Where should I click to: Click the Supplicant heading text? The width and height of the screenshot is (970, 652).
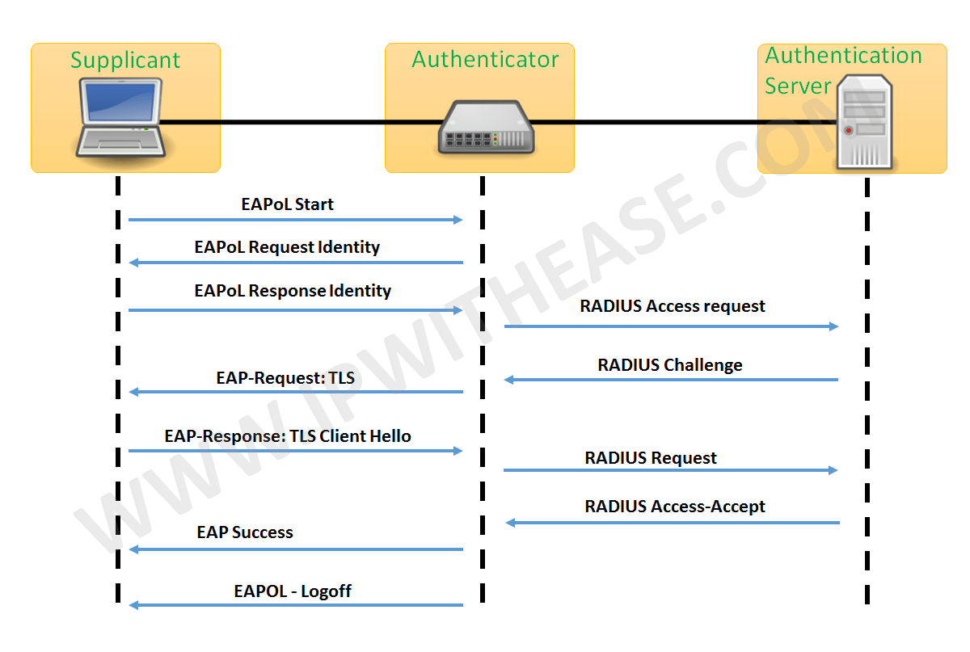pos(125,61)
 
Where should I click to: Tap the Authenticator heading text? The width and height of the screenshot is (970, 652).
pos(485,60)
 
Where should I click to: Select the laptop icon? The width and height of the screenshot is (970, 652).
pos(120,117)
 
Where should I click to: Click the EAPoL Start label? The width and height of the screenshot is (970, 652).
pos(287,204)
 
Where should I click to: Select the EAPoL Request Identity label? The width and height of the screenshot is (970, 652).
pos(287,247)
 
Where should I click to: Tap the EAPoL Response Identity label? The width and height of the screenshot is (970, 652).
pos(293,291)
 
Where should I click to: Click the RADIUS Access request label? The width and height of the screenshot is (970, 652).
pos(673,306)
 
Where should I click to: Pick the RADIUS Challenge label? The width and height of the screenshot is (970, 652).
pos(670,365)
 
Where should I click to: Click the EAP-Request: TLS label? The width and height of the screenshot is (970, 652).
pos(285,377)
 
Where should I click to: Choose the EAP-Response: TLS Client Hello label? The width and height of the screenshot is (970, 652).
pos(288,436)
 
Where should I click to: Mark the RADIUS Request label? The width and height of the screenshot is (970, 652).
pos(651,458)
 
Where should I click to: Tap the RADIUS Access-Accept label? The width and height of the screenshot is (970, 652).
pos(675,507)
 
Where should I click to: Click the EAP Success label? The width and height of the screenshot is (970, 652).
pos(245,532)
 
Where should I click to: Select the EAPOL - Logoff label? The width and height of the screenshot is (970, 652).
pos(293,591)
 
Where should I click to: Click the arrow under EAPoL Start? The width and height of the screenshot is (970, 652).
pos(295,220)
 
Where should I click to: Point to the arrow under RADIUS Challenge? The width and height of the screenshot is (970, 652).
pos(671,380)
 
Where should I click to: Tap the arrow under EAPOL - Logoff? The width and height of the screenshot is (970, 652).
pos(295,605)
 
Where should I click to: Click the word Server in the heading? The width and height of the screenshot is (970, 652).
pos(798,86)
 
